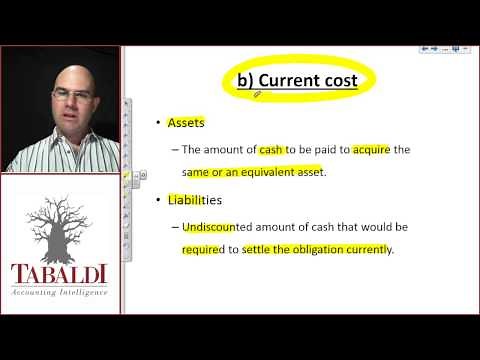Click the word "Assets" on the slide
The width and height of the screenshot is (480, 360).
click(x=187, y=123)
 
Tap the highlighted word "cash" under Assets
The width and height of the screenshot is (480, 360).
click(x=270, y=149)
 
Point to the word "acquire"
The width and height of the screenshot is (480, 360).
click(x=373, y=149)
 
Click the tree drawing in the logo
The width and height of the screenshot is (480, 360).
click(x=62, y=226)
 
